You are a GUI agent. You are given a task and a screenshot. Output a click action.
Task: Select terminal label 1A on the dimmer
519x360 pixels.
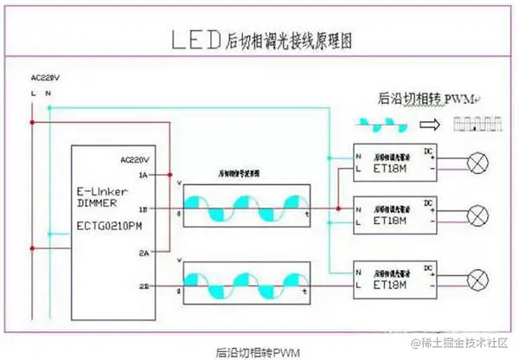coord(142,176)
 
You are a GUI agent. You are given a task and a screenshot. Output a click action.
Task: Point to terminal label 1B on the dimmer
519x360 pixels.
coord(142,209)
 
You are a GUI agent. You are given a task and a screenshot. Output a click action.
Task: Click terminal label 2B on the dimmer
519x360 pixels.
coord(142,284)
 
